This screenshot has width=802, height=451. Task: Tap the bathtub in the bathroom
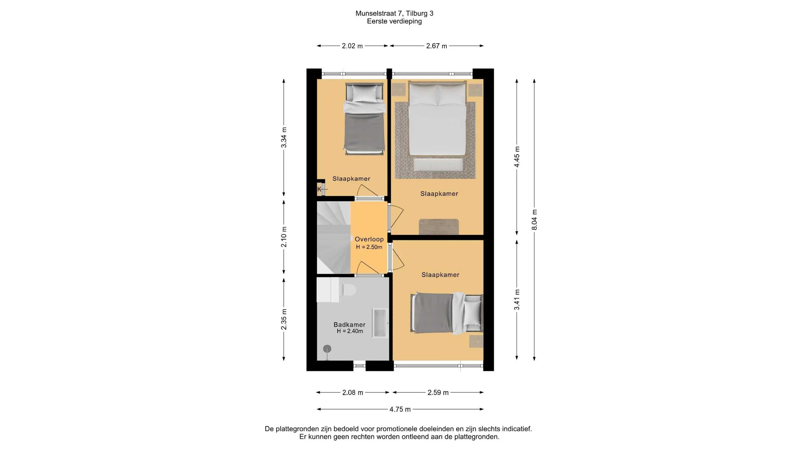(x=380, y=323)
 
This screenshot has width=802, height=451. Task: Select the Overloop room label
(x=369, y=239)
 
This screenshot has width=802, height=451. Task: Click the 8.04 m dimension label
(x=534, y=220)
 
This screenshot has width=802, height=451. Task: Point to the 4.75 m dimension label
(x=400, y=409)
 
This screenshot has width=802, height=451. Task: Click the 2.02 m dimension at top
(x=352, y=46)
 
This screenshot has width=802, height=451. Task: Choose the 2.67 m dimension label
(x=437, y=46)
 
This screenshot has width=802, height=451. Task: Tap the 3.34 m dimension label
(x=284, y=138)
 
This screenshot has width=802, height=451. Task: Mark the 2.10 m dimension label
(x=284, y=237)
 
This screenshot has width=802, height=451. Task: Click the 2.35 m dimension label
(x=284, y=319)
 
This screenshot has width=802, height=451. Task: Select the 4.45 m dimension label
(x=517, y=157)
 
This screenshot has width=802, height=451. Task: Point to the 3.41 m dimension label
(x=517, y=300)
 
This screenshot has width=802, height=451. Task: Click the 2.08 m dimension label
(x=353, y=393)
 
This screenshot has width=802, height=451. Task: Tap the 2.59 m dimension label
(x=438, y=393)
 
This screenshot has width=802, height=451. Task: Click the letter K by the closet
(x=319, y=189)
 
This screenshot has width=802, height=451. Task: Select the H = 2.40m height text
(x=350, y=331)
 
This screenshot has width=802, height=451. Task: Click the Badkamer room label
(x=350, y=325)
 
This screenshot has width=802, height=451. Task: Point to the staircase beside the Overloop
(x=333, y=238)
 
